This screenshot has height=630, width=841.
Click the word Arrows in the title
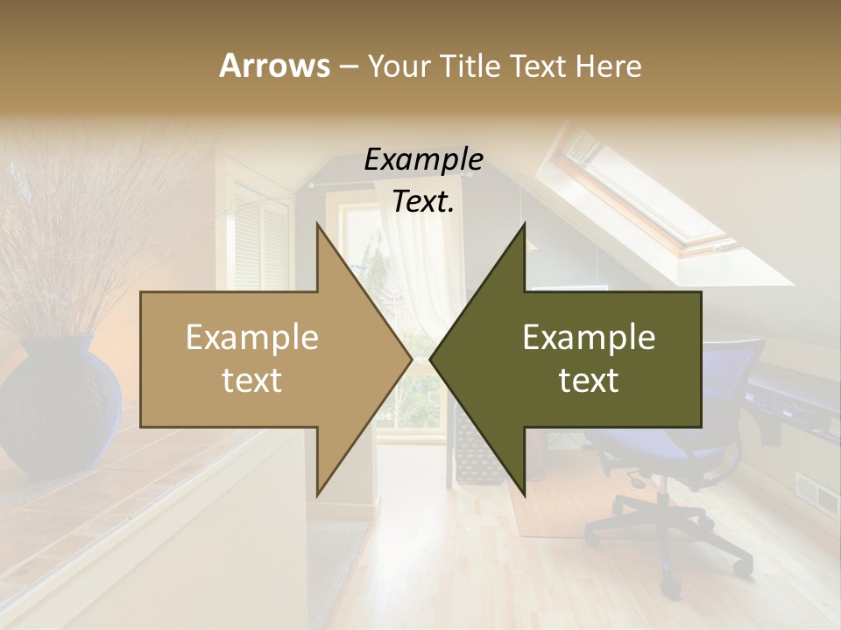tap(274, 66)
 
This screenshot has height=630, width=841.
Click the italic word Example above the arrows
tap(423, 159)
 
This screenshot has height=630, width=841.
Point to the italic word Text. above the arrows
tap(423, 201)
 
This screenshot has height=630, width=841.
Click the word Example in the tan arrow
tap(252, 337)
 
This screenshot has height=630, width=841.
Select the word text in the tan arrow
tap(252, 381)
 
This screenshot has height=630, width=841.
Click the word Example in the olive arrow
tap(589, 337)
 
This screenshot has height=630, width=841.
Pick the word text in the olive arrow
tap(589, 381)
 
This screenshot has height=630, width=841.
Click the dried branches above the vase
tap(70, 227)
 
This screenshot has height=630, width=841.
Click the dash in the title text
tap(348, 66)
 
